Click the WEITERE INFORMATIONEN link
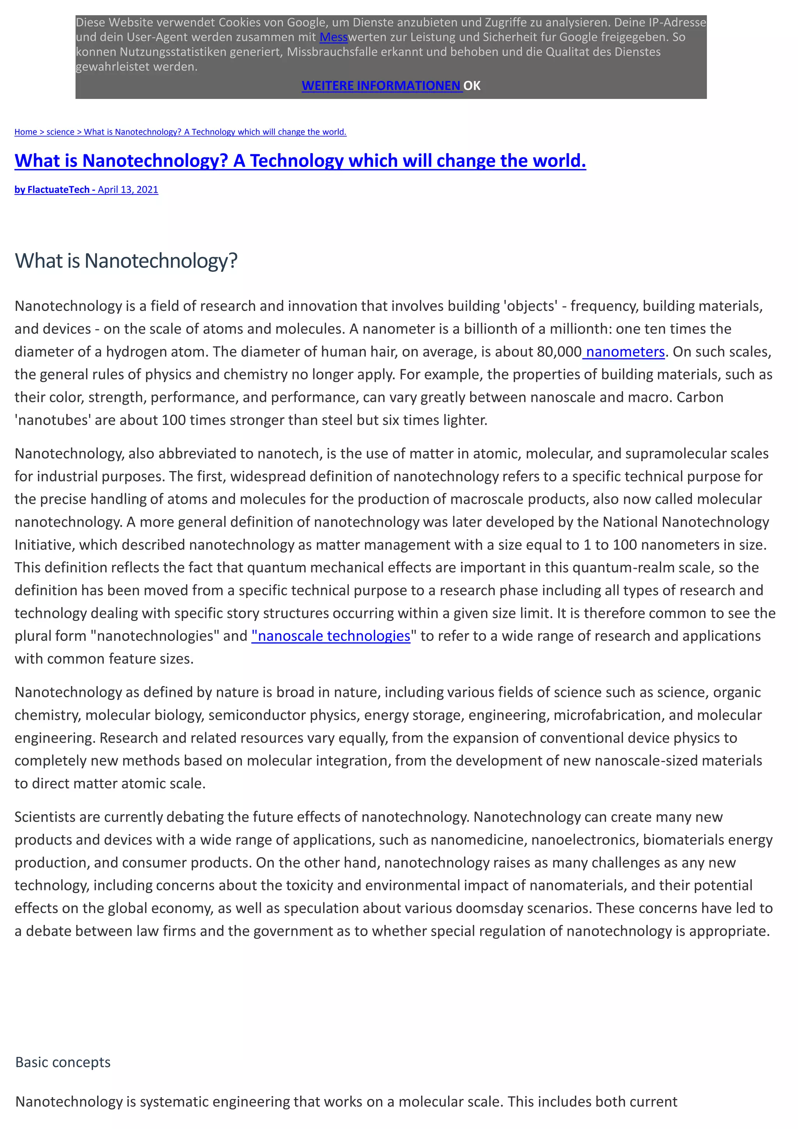[x=381, y=86]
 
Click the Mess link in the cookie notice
[x=334, y=37]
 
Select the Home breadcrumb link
[x=26, y=132]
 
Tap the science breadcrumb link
[x=60, y=132]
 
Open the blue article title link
[x=300, y=161]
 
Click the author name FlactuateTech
[x=58, y=190]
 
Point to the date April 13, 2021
[x=128, y=190]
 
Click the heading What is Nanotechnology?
[x=126, y=261]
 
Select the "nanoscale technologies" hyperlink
[x=331, y=636]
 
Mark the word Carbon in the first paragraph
[x=700, y=397]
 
